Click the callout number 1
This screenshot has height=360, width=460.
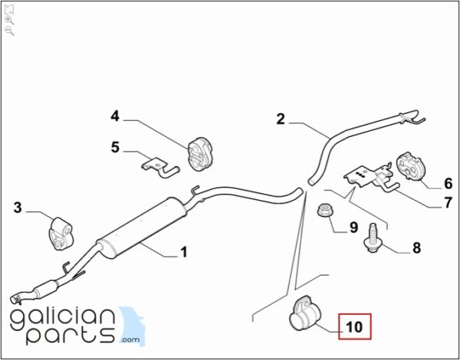[184, 252]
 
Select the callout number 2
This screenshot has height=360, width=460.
[281, 119]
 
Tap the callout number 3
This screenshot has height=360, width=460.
[18, 208]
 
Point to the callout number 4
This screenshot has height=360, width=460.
[115, 116]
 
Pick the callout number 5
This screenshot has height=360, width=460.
[115, 147]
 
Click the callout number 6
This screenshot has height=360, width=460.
[449, 184]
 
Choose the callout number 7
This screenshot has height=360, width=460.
[448, 203]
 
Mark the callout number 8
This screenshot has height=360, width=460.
[416, 248]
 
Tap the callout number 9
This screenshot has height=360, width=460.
[353, 227]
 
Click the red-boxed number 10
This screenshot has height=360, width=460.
[355, 327]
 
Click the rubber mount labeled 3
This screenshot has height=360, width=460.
[60, 234]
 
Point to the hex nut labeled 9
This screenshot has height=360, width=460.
[324, 210]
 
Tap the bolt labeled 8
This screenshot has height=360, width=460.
[371, 238]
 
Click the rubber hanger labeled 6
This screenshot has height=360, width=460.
[409, 165]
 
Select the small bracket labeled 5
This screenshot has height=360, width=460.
[160, 168]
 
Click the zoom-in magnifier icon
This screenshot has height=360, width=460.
[9, 21]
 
